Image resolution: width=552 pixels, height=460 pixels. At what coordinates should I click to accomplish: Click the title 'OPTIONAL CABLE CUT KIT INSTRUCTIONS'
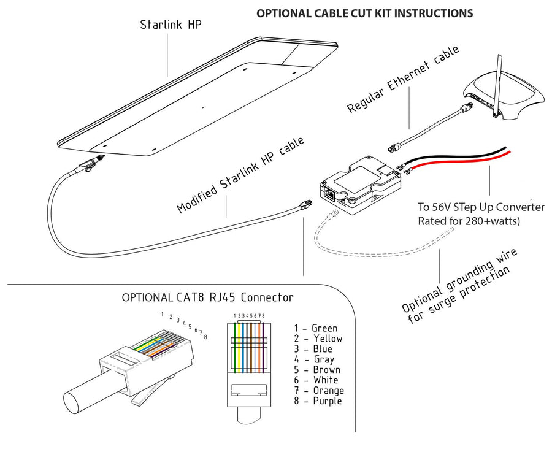pos(364,13)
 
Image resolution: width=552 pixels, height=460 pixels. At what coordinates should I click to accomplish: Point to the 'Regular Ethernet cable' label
pos(403,79)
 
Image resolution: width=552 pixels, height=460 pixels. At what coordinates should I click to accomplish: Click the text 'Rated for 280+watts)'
pos(469,221)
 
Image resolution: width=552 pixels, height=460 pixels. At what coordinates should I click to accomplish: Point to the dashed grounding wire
pos(368,248)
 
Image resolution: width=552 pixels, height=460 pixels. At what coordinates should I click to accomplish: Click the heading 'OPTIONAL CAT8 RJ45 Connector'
pos(207,298)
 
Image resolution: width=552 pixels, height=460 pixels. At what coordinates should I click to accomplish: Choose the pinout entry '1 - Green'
pos(315,328)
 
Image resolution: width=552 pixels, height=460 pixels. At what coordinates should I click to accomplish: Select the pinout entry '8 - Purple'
pos(318,401)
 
